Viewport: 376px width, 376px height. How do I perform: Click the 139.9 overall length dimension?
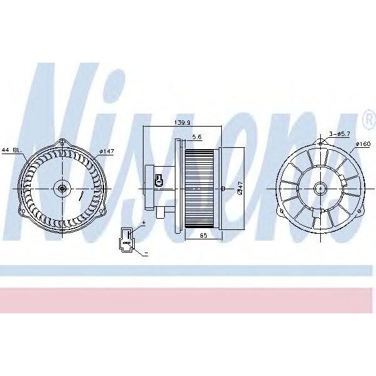click(x=182, y=123)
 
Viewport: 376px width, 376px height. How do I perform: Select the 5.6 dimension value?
click(x=196, y=137)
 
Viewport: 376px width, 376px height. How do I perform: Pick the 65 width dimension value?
click(x=204, y=235)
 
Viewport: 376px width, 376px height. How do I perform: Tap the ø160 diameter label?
click(x=364, y=145)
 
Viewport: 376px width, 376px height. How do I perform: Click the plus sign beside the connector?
click(x=144, y=222)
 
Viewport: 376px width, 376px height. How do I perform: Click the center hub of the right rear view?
click(x=320, y=187)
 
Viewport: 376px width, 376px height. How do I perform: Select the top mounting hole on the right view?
click(x=320, y=144)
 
